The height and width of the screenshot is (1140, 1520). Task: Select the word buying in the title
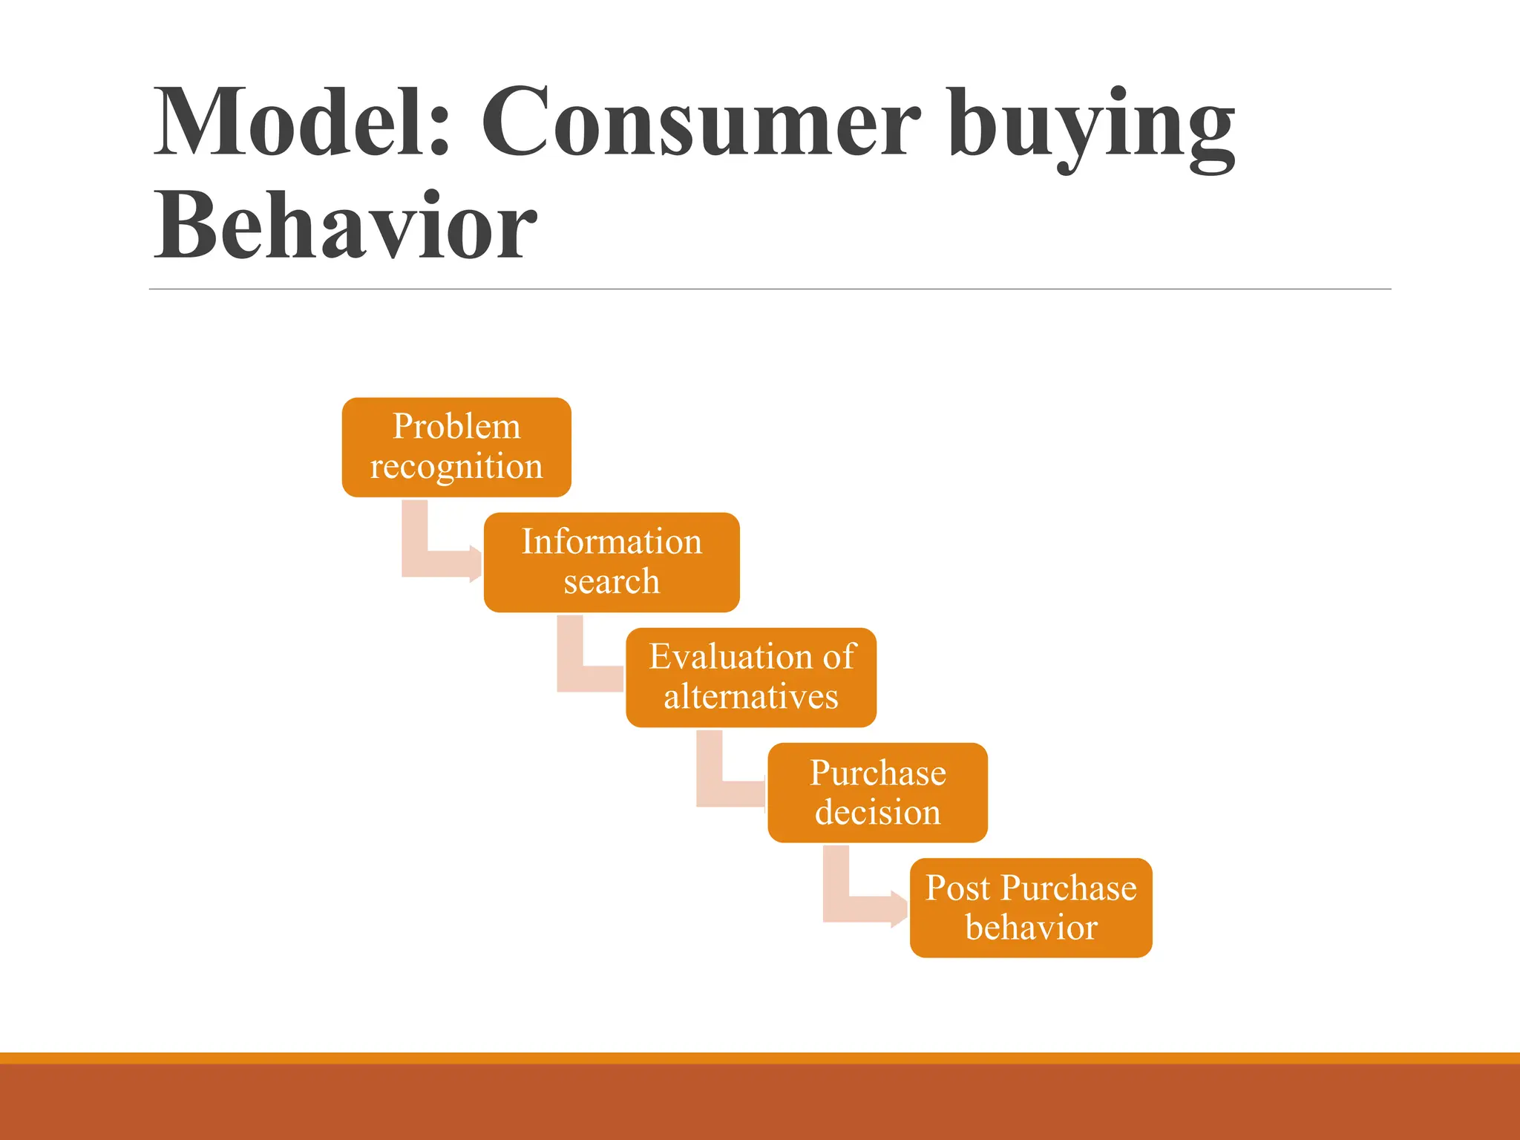coord(1091,126)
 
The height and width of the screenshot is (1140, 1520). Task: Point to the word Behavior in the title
coord(344,226)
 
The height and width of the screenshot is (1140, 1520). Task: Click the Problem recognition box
coord(456,447)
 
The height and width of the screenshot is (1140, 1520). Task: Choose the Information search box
coord(612,562)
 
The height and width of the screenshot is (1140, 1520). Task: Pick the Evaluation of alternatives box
coord(751,677)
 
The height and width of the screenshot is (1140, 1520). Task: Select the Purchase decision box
coord(877,792)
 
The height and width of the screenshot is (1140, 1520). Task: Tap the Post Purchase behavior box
coord(1031,907)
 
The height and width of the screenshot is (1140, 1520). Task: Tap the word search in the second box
coord(612,581)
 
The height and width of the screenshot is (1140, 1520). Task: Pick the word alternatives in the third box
coord(751,697)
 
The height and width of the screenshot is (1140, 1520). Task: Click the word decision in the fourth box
coord(877,812)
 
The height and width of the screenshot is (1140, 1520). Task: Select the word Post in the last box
coord(958,888)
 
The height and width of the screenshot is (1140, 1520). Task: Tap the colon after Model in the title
coord(439,130)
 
